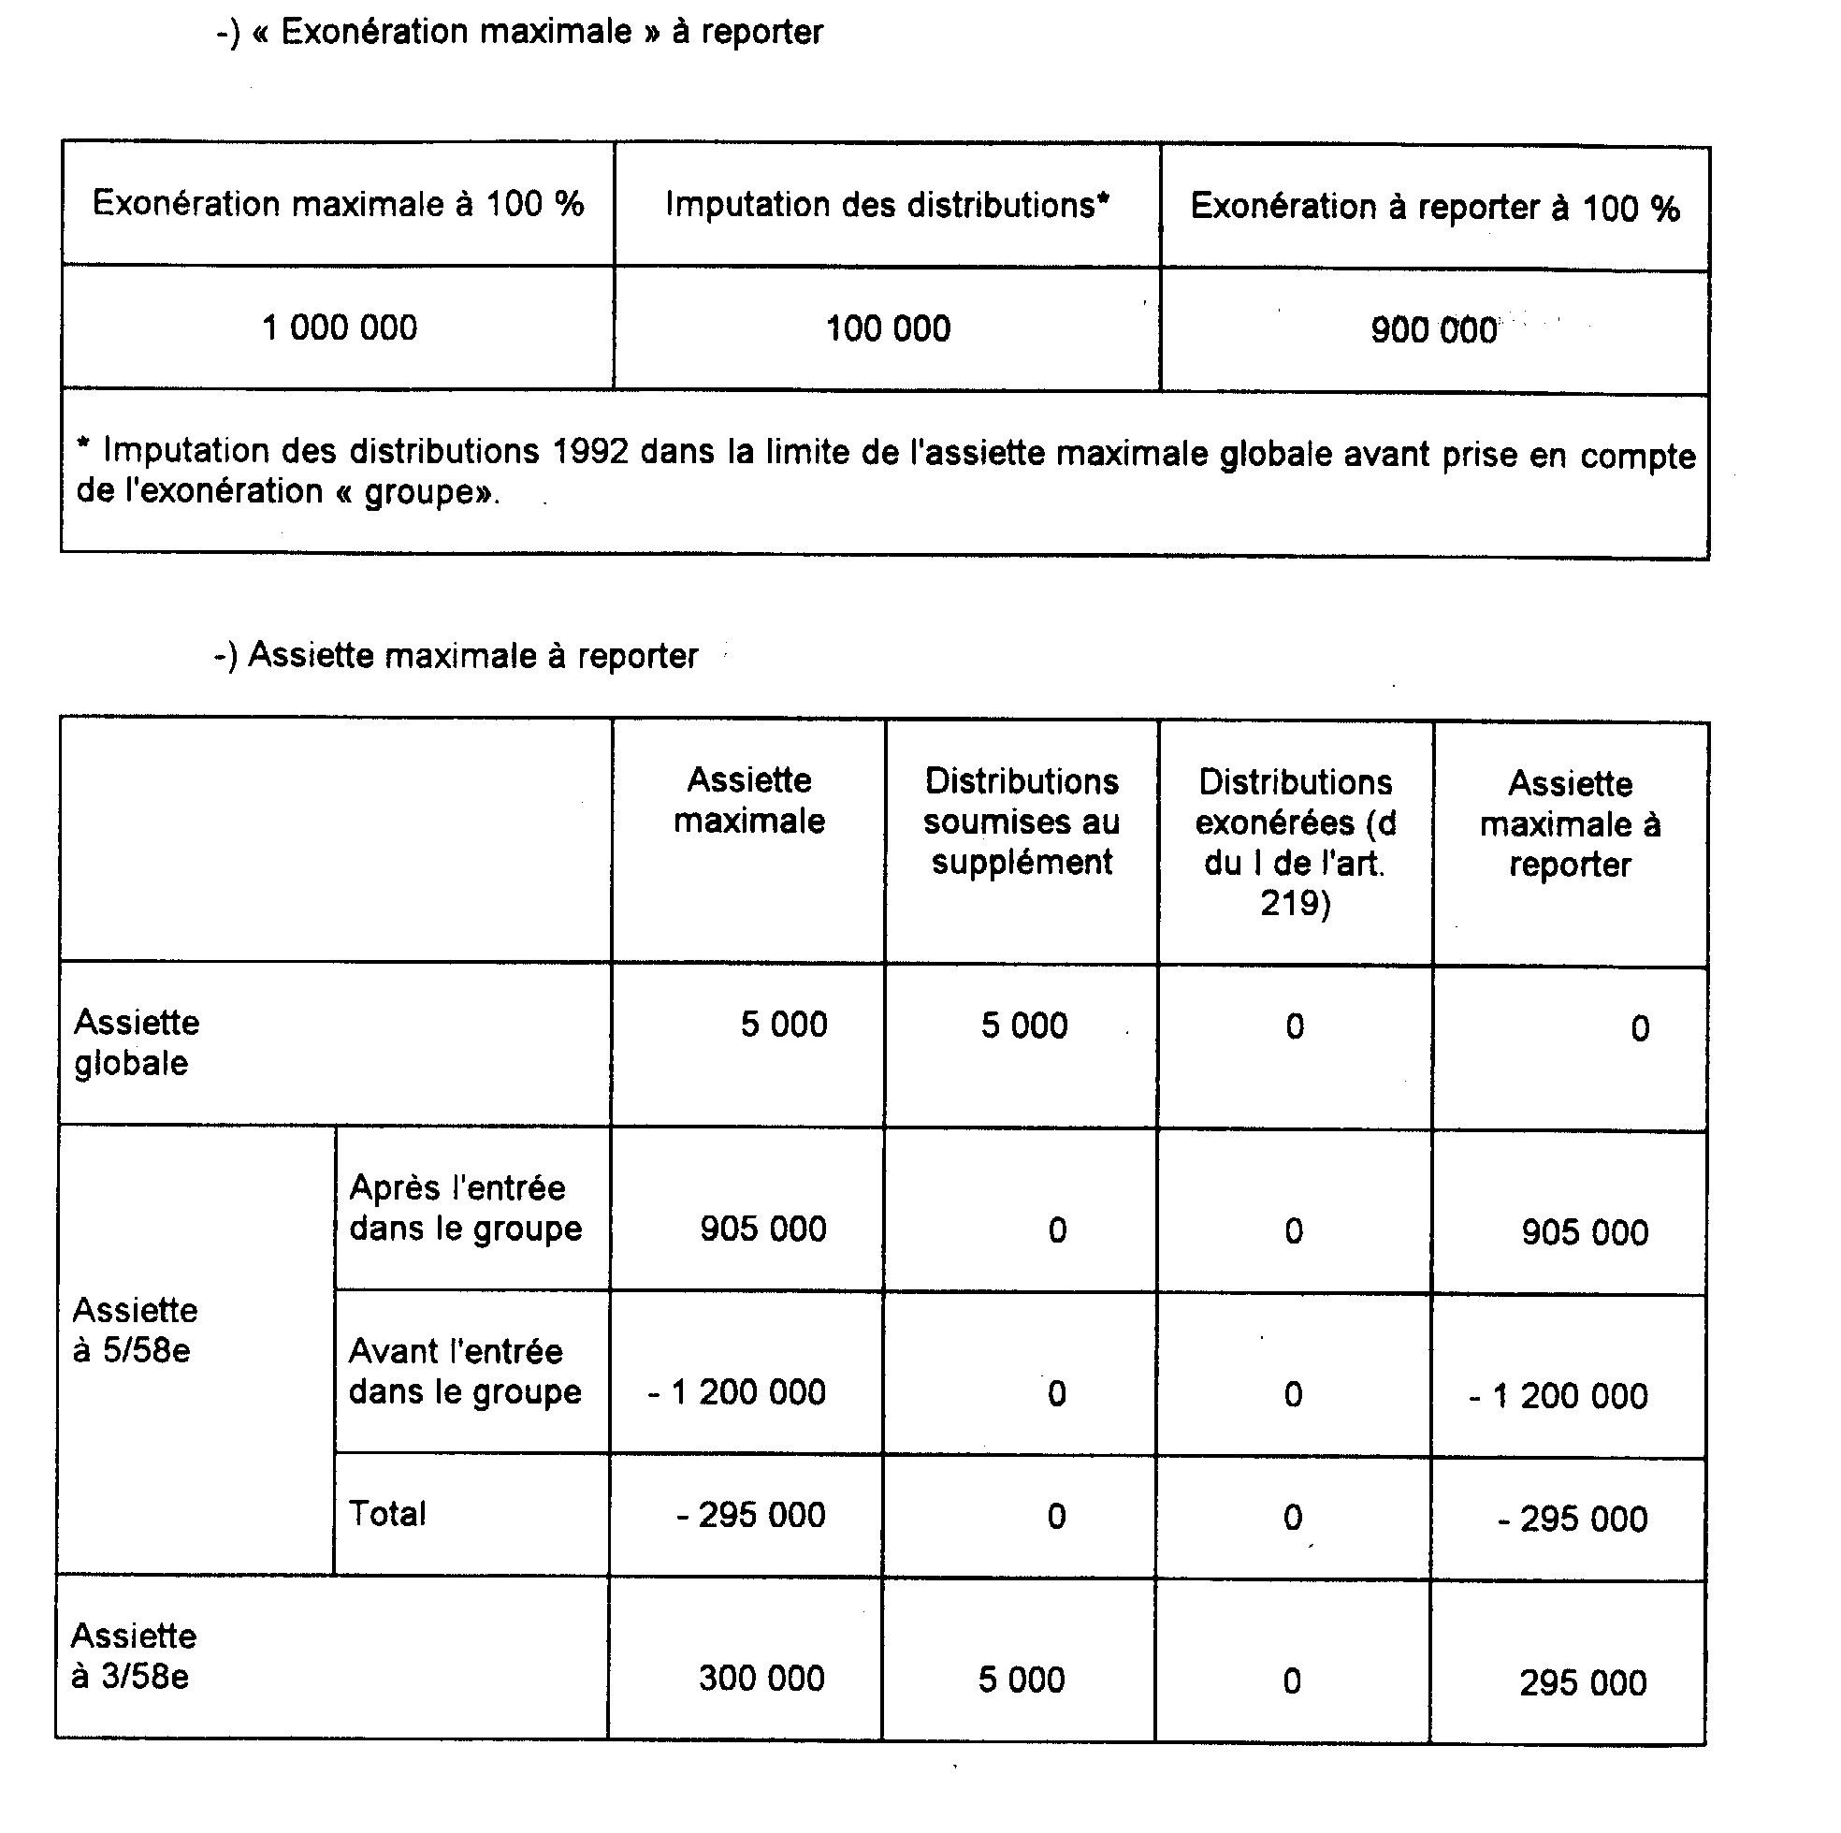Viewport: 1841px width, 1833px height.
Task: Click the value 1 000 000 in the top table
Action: (340, 327)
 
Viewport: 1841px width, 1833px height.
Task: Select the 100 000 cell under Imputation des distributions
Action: (887, 328)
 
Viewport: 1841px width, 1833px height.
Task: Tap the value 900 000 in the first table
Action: (1433, 330)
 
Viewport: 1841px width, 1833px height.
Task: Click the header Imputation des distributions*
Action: (887, 205)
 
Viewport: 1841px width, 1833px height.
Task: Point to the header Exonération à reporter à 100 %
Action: (1434, 207)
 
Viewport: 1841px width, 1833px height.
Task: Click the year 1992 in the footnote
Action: (591, 451)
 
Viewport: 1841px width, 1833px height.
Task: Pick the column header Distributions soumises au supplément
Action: (1022, 822)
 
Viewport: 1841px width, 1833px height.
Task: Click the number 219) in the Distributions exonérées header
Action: (1295, 903)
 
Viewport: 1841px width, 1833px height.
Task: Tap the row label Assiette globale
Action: (137, 1042)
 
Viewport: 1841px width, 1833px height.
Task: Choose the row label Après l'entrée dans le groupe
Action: (465, 1208)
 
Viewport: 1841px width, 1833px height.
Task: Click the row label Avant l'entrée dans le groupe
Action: (465, 1372)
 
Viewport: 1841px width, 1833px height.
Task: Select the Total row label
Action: (387, 1514)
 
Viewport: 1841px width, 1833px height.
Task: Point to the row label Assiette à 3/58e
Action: (134, 1657)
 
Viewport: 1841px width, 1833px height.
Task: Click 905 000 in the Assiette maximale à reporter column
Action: (1584, 1232)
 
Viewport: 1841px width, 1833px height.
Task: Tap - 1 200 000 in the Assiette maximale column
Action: (736, 1392)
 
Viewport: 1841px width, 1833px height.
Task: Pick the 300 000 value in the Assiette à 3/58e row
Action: (761, 1679)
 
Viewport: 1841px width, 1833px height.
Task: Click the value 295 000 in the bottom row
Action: (1583, 1683)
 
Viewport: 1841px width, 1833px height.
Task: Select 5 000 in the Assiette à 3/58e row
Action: (1022, 1680)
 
